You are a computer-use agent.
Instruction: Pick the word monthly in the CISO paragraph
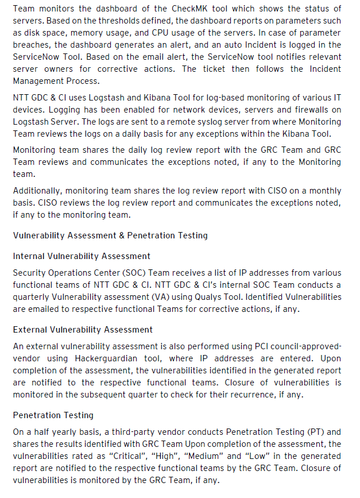click(x=324, y=190)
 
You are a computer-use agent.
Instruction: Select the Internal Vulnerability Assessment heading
click(x=82, y=256)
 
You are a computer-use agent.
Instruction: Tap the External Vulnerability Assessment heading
click(x=83, y=330)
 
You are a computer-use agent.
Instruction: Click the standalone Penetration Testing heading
click(x=53, y=415)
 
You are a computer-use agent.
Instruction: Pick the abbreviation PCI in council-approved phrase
click(x=261, y=346)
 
